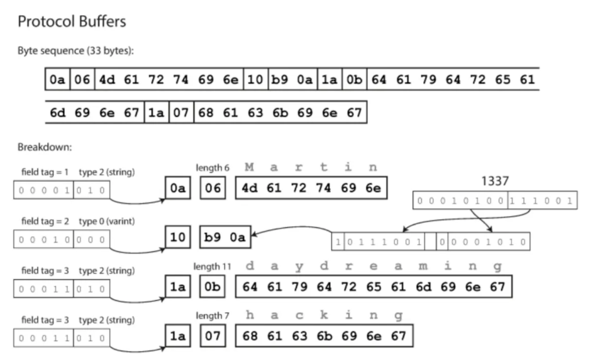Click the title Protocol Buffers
tap(72, 22)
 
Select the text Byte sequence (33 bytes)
tap(76, 50)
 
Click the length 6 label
tap(212, 167)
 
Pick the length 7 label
tap(212, 316)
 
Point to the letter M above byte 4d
tap(250, 167)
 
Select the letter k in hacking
tap(324, 316)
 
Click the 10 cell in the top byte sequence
tap(255, 80)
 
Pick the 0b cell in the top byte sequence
tap(355, 80)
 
